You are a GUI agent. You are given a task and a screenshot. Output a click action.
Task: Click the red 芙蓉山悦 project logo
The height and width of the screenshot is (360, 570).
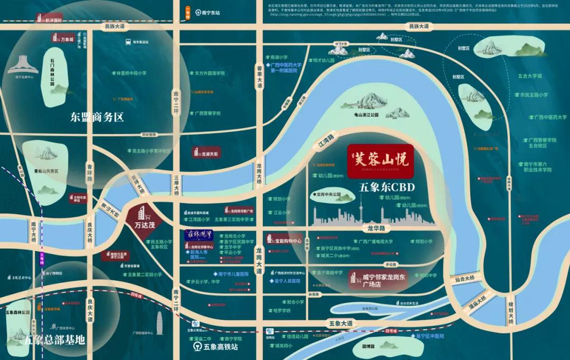point(378,160)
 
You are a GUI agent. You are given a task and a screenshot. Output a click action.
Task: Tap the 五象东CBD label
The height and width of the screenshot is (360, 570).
point(387,187)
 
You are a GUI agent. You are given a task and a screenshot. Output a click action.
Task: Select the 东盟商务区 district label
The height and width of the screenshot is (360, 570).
point(97,117)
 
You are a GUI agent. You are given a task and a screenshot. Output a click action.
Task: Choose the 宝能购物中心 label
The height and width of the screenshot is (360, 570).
point(288,241)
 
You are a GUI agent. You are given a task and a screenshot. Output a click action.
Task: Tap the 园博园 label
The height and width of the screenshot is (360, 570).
point(368,347)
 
